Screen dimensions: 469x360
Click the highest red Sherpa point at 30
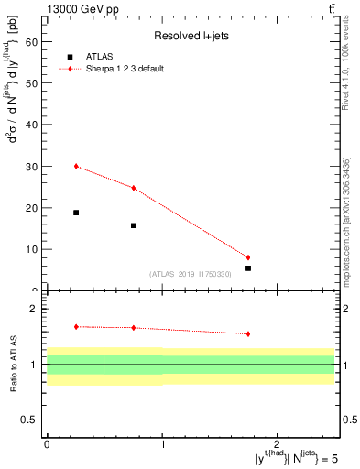pos(76,166)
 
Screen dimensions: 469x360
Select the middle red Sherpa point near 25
pos(134,188)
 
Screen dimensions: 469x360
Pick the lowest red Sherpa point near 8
pos(248,257)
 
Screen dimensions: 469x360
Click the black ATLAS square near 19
pos(76,213)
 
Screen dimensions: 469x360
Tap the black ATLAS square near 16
pos(134,225)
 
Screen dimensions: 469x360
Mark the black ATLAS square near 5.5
pos(248,267)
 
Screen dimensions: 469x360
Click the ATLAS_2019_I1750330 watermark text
pos(190,274)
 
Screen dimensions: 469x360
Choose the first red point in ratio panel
pos(76,326)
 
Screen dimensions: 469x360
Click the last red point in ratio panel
pos(248,333)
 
